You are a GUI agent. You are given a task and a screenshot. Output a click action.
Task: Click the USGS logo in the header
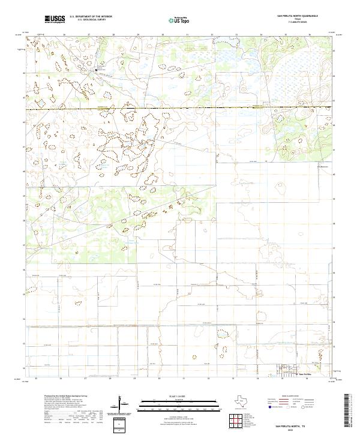(x=55, y=19)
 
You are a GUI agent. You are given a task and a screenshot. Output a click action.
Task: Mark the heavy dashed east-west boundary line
(x=180, y=108)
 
